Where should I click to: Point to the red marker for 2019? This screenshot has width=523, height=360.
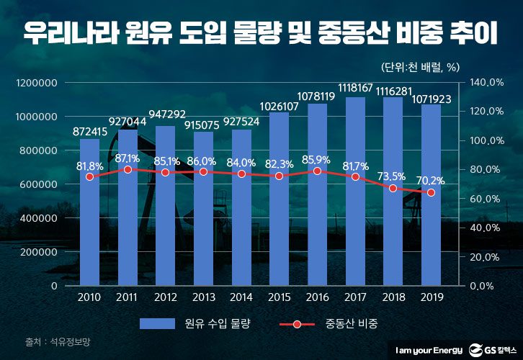[x=432, y=193]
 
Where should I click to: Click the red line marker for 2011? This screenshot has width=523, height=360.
[x=128, y=170]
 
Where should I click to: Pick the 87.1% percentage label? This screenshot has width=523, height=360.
[x=128, y=158]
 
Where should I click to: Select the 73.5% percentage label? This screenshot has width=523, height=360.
[x=393, y=176]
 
